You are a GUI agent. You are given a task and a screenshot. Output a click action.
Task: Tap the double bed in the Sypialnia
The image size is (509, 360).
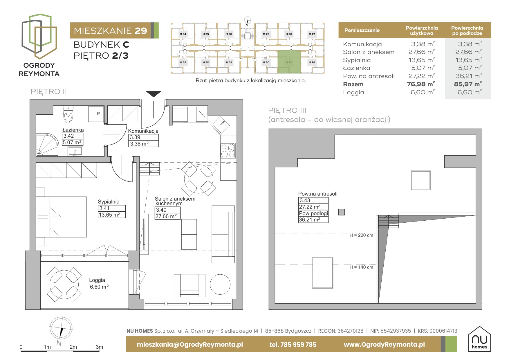pos(61,217)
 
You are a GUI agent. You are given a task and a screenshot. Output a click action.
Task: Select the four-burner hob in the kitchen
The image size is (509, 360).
pos(228,150)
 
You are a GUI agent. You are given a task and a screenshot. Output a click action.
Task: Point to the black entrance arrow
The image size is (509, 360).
pos(153,94)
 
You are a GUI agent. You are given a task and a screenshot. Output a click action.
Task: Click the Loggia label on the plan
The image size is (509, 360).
pos(97,280)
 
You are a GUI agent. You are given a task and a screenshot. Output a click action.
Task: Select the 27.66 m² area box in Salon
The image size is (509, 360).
pos(167,216)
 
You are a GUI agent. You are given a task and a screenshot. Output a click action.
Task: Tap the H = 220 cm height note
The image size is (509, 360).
pos(361,235)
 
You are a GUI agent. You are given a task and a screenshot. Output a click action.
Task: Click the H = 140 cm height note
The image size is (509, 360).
pos(361,267)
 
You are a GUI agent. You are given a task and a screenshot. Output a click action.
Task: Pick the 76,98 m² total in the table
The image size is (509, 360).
pos(420,84)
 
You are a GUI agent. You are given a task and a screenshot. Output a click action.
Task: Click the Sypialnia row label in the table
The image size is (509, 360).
pos(357,60)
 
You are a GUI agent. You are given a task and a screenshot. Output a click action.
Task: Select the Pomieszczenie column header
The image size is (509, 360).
pos(362,30)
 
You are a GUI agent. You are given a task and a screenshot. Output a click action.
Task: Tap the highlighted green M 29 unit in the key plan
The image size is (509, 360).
pos(289,62)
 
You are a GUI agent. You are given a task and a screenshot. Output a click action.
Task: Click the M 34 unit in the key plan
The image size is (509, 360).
pos(183,34)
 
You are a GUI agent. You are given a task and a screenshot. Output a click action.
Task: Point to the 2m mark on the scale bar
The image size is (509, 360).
pos(73,347)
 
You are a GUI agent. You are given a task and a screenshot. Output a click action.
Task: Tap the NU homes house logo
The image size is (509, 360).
pos(479,339)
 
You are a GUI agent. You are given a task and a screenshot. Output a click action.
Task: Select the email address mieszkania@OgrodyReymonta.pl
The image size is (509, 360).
pos(190,345)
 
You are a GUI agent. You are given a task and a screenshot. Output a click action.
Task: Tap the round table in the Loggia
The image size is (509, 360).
pos(64,284)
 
